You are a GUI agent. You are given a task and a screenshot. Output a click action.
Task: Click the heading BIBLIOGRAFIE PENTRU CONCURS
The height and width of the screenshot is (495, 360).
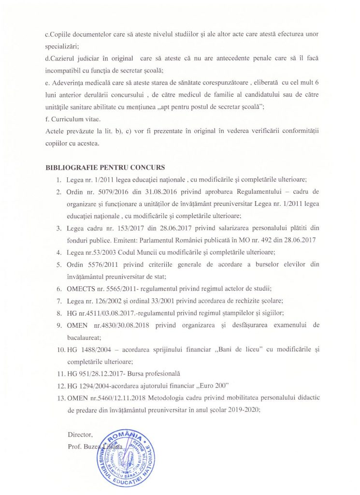click(x=105, y=168)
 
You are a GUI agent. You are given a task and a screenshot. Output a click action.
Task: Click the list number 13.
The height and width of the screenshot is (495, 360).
click(x=60, y=397)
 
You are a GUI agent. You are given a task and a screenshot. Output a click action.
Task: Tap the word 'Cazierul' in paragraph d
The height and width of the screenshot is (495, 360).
click(x=60, y=58)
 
